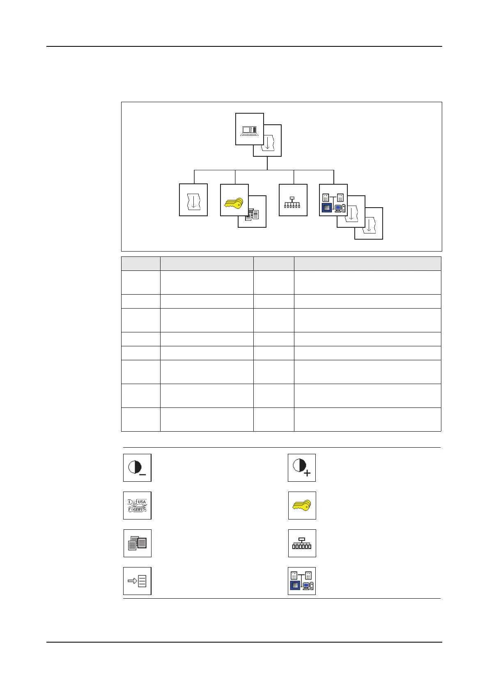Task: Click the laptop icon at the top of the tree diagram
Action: pyautogui.click(x=249, y=129)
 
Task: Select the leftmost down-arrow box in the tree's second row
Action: pyautogui.click(x=193, y=200)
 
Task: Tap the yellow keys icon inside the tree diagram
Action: pyautogui.click(x=234, y=201)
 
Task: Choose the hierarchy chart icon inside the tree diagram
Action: pyautogui.click(x=293, y=200)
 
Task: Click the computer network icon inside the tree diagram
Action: pyautogui.click(x=333, y=200)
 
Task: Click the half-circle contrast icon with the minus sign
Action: pyautogui.click(x=137, y=468)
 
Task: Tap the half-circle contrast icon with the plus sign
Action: pyautogui.click(x=301, y=468)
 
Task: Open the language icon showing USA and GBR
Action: pyautogui.click(x=137, y=506)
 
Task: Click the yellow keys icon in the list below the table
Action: pyautogui.click(x=302, y=506)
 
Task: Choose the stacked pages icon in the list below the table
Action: pyautogui.click(x=137, y=543)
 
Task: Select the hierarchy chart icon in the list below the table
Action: pyautogui.click(x=302, y=543)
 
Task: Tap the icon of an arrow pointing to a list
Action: pyautogui.click(x=137, y=581)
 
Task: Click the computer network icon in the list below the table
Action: pyautogui.click(x=301, y=581)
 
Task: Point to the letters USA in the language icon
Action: pyautogui.click(x=142, y=502)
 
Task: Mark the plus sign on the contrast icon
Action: pyautogui.click(x=307, y=473)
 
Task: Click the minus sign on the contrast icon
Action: pyautogui.click(x=142, y=474)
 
